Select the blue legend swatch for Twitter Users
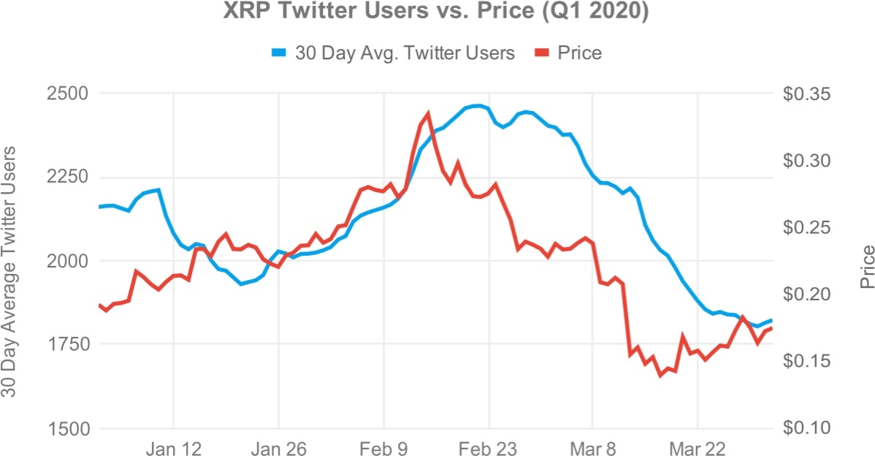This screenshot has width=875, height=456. (281, 53)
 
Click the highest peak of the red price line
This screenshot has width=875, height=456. (428, 113)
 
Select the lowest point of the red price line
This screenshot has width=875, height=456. (660, 376)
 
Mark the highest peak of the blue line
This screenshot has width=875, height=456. (478, 106)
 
